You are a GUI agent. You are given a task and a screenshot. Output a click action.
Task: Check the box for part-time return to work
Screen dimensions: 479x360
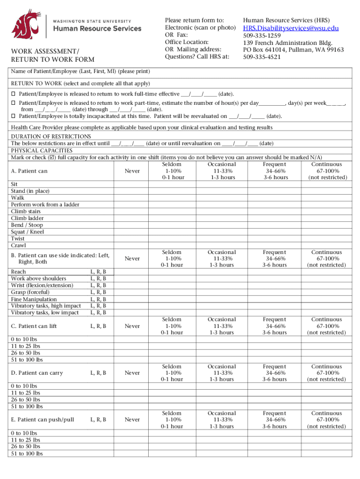[x=14, y=102]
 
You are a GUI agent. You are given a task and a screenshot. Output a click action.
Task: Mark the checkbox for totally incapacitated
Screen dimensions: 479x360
[x=14, y=116]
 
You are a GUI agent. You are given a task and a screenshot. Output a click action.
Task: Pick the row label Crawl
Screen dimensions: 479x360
[x=19, y=245]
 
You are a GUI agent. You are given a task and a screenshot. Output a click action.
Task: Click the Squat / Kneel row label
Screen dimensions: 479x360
[x=28, y=232]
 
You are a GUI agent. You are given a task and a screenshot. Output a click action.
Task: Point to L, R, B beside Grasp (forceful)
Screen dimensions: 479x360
[x=98, y=292]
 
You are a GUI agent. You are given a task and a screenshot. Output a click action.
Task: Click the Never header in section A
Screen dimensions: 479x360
[x=132, y=171]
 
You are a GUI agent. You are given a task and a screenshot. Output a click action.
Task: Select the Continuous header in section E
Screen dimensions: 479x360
[x=326, y=414]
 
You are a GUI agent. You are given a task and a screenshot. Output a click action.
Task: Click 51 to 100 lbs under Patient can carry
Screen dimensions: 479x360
[x=27, y=406]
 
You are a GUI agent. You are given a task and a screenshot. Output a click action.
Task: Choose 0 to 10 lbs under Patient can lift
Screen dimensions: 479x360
[x=26, y=339]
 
